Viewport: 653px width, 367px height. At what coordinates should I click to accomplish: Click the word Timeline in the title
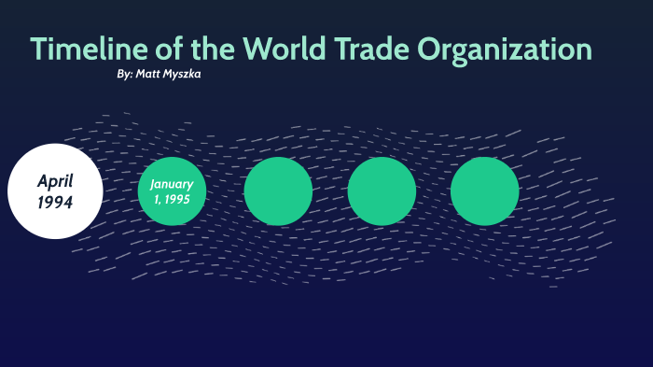[x=85, y=49]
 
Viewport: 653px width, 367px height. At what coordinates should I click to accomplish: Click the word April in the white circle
[x=55, y=181]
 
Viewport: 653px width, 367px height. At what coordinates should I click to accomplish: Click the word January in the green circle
[x=172, y=184]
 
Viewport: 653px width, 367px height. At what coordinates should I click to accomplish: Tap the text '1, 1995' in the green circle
[x=172, y=199]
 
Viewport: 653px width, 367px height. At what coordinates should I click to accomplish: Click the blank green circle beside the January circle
[x=278, y=191]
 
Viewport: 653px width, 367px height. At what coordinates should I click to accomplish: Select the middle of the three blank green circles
[x=382, y=191]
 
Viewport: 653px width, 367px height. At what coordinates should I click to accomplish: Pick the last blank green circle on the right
[x=484, y=191]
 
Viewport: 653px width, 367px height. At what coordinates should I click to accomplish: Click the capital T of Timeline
[x=40, y=49]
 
